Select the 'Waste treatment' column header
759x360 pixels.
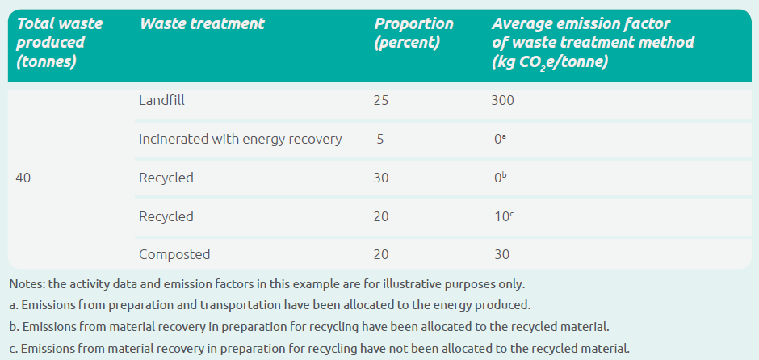click(x=202, y=23)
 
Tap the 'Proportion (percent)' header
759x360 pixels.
click(x=413, y=33)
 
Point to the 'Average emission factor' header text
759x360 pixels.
click(x=581, y=23)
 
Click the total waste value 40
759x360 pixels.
click(x=24, y=178)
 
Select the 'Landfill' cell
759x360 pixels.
click(x=162, y=101)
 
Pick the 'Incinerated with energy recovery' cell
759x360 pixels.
click(x=240, y=139)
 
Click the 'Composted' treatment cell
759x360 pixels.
click(x=174, y=254)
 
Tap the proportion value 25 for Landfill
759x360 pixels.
click(x=381, y=101)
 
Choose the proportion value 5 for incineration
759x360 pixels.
click(x=381, y=139)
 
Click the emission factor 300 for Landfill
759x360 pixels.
click(x=502, y=101)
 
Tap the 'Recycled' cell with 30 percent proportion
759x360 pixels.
click(x=166, y=178)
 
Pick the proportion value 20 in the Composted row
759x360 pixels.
click(x=381, y=254)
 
